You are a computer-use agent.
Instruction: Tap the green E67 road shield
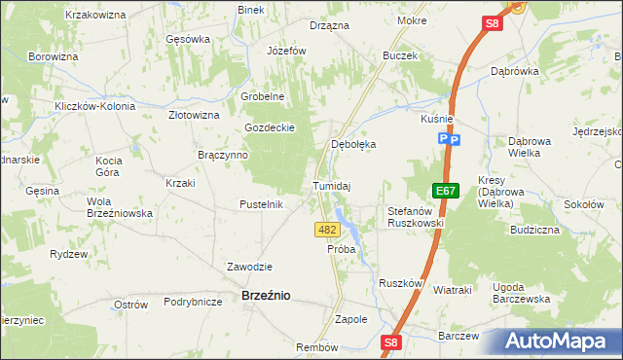pos(446,192)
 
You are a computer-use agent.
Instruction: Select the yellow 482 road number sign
pos(327,230)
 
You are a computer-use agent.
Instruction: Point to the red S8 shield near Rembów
pos(390,342)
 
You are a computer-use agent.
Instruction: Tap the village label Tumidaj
pos(331,185)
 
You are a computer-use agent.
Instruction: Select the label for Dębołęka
pos(353,143)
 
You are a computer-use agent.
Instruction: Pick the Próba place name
pos(341,249)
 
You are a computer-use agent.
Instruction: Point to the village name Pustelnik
pos(261,204)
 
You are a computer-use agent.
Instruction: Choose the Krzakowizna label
pos(95,16)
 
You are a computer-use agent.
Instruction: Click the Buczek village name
pos(400,55)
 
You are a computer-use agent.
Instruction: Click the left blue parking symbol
pos(443,140)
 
